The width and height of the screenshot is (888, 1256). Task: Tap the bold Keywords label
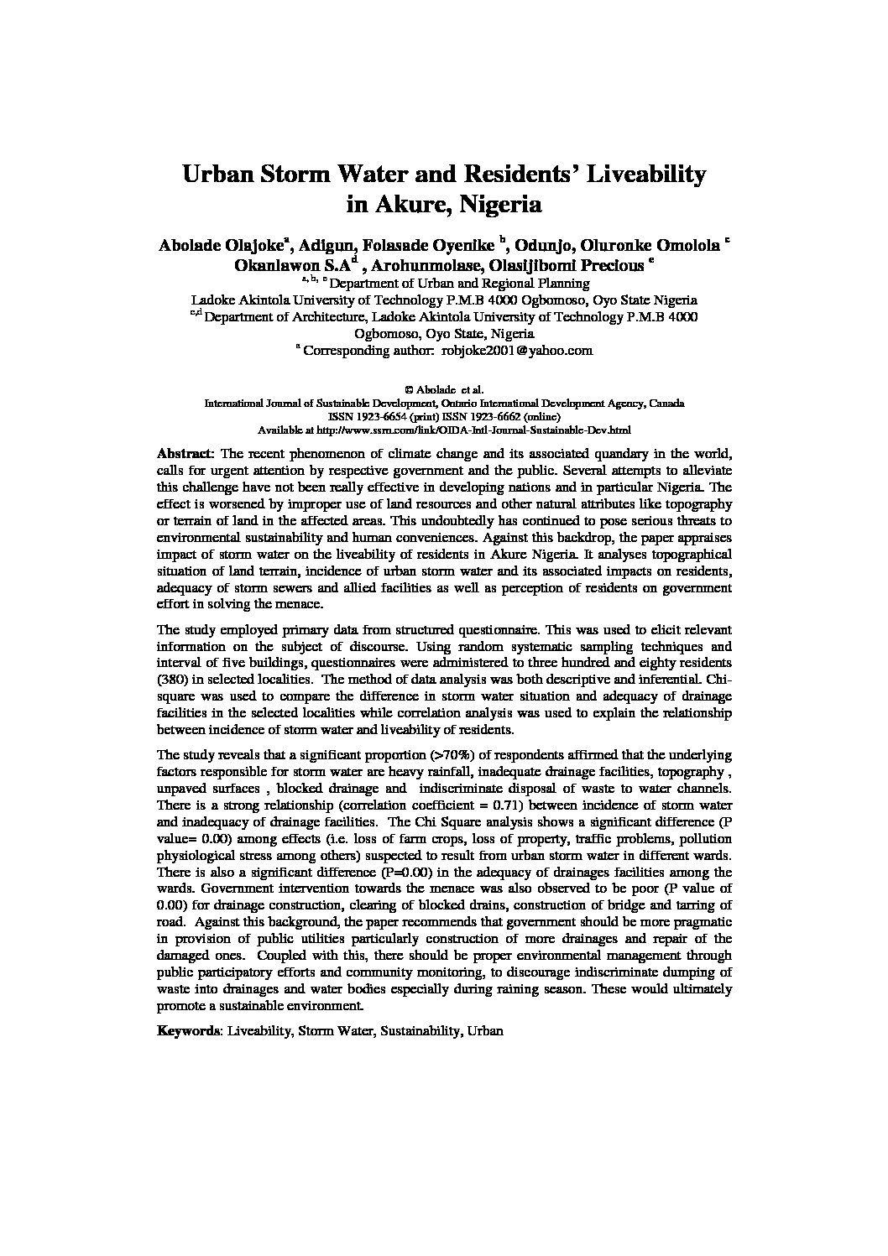[x=189, y=1031]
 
